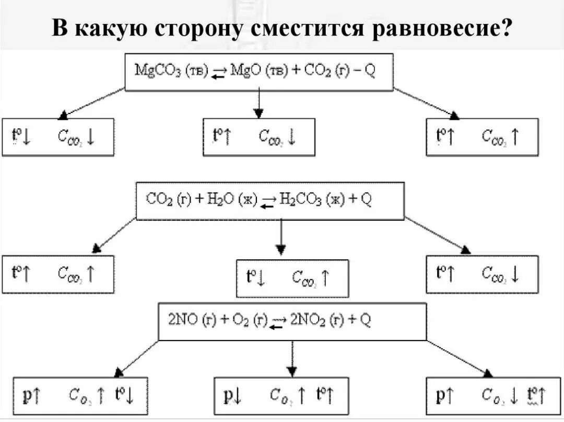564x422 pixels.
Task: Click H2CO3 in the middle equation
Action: pyautogui.click(x=300, y=200)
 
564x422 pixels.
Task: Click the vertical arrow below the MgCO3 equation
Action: pyautogui.click(x=258, y=103)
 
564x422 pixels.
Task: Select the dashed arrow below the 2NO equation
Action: pyautogui.click(x=292, y=359)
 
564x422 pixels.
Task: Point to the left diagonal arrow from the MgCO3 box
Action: pyautogui.click(x=92, y=102)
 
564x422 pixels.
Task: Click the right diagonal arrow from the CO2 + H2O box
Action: pyautogui.click(x=438, y=235)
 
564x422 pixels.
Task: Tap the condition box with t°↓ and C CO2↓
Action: pyautogui.click(x=57, y=137)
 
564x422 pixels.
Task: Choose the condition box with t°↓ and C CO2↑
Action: pyautogui.click(x=292, y=278)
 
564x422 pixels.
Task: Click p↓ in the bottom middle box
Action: pyautogui.click(x=233, y=396)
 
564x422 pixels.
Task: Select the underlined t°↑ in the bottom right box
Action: pyautogui.click(x=536, y=396)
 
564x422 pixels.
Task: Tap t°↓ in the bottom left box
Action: pyautogui.click(x=125, y=396)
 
